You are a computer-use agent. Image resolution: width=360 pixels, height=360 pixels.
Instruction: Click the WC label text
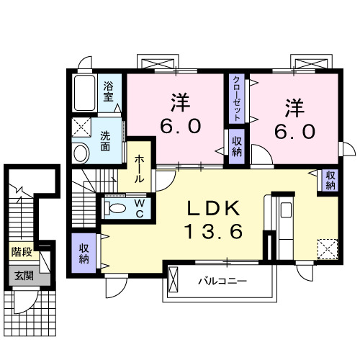pyautogui.click(x=140, y=208)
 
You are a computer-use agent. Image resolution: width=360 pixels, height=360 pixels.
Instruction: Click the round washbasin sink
pyautogui.click(x=81, y=152)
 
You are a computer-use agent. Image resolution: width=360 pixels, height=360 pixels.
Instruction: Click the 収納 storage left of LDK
pyautogui.click(x=84, y=252)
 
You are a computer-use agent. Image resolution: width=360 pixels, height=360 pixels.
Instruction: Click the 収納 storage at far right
pyautogui.click(x=330, y=179)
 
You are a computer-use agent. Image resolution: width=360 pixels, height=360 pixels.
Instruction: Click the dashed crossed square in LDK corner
pyautogui.click(x=328, y=248)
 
